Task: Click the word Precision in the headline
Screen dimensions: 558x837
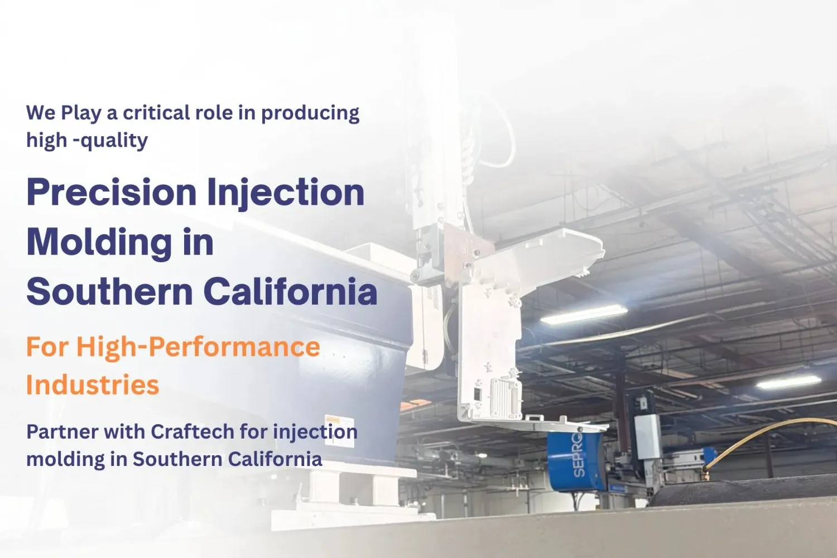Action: [111, 193]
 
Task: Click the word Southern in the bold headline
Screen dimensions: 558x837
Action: [109, 292]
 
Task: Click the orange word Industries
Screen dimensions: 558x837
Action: [93, 385]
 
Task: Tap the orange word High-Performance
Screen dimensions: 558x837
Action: [198, 347]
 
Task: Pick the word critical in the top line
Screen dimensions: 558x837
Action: [149, 113]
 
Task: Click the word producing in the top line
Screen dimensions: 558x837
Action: [310, 114]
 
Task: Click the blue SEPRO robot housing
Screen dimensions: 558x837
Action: [575, 460]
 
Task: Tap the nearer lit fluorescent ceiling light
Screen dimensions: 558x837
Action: [584, 314]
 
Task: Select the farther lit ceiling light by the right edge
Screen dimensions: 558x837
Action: [788, 382]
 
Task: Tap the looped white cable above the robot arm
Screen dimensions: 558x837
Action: [497, 134]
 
